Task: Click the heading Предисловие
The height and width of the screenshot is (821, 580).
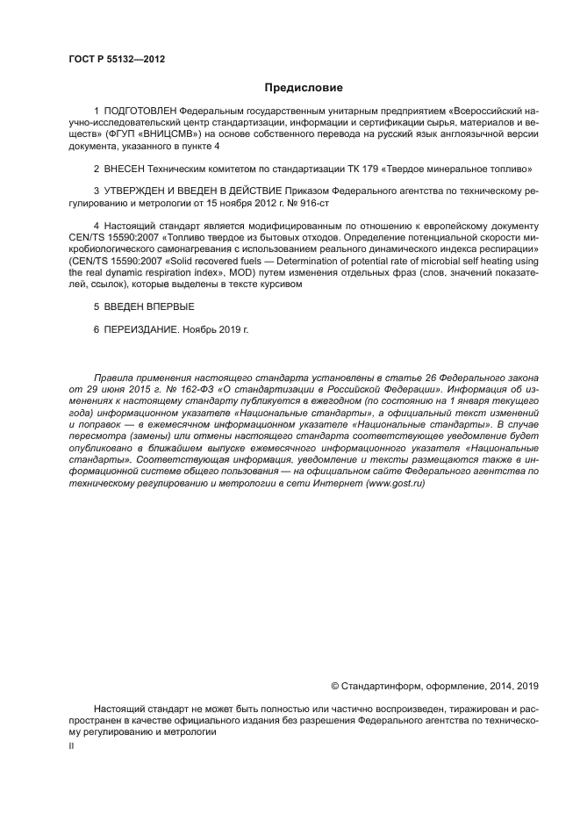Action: pos(304,88)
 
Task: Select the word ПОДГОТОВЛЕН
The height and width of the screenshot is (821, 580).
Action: pos(133,113)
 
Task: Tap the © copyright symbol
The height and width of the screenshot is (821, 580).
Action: pos(334,686)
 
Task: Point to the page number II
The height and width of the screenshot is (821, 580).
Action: pos(72,745)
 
